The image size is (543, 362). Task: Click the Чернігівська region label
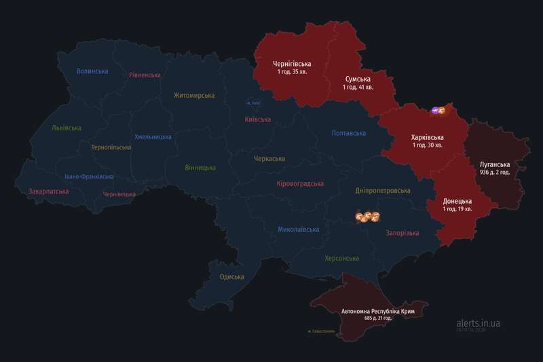tap(291, 63)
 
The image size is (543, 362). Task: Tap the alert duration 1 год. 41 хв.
tap(358, 88)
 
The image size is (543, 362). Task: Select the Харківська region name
tap(428, 137)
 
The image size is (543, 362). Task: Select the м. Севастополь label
tap(320, 331)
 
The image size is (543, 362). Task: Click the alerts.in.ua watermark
tap(478, 324)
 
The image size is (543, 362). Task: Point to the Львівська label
tap(67, 128)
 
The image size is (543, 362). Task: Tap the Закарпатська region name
tap(48, 192)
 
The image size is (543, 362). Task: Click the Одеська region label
tap(231, 276)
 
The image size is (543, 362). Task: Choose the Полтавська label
tap(350, 133)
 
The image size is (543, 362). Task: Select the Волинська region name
tap(92, 71)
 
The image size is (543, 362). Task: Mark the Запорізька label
tap(402, 233)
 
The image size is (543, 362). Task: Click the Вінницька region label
tap(200, 167)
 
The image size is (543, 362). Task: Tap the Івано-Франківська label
tap(89, 177)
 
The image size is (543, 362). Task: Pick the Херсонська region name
tap(341, 258)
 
